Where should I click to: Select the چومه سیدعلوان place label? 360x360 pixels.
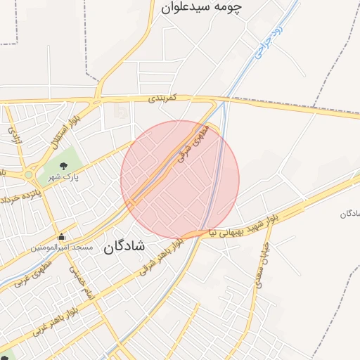pos(202,8)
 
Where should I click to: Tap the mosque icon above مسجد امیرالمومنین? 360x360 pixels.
pos(63,236)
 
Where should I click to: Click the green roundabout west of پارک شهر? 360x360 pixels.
pos(29,174)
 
